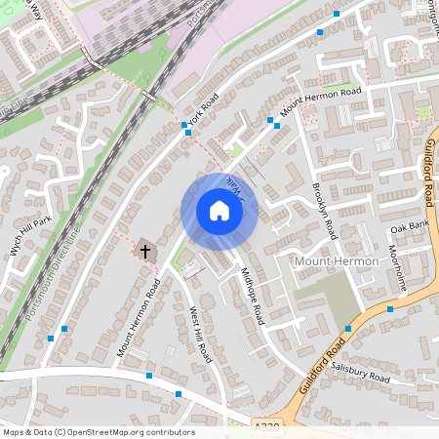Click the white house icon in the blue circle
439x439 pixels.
[x=219, y=211]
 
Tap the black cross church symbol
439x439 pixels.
[x=145, y=251]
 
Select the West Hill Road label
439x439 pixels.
[x=199, y=334]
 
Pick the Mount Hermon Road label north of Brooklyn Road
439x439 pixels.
[x=320, y=102]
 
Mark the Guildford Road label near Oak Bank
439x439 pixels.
[x=430, y=171]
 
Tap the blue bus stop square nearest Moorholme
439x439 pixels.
[x=390, y=308]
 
